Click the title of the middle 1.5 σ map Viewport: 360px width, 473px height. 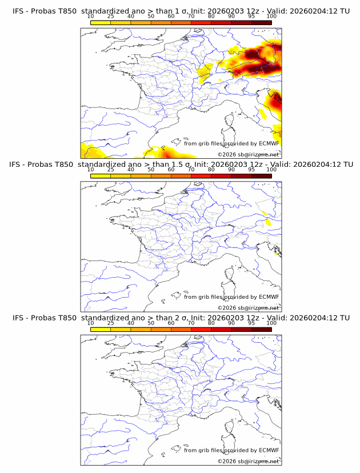pos(180,165)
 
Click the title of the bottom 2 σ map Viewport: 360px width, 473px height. pos(180,318)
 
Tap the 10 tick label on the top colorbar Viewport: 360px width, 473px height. pos(90,17)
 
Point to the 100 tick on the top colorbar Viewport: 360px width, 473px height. pos(271,17)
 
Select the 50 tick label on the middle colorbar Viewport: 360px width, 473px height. pos(151,170)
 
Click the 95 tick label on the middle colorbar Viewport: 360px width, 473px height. pos(251,170)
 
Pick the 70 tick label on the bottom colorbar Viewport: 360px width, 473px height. pos(191,323)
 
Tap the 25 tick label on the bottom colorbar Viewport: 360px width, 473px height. pos(110,323)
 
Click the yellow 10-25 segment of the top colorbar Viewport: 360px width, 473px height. pos(101,22)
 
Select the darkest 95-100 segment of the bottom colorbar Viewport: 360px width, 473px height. pos(261,329)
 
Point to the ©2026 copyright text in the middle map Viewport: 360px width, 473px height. pos(248,307)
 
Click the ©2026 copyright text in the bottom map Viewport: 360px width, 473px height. pos(248,461)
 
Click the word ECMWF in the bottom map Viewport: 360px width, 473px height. pos(269,450)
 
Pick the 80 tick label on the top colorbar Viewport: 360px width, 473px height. pos(211,17)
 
